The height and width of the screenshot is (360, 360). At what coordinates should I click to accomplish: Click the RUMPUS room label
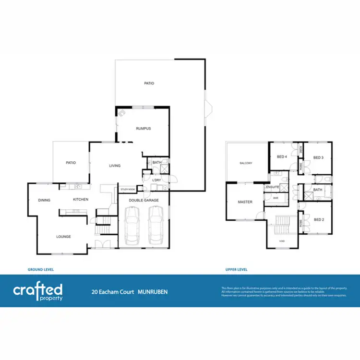[143, 129]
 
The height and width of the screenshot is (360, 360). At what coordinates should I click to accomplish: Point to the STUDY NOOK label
[127, 190]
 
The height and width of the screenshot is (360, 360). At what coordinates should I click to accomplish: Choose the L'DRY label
[156, 180]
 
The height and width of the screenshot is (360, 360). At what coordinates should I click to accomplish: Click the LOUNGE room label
[63, 236]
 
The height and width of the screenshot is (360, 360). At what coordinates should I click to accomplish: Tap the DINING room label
[45, 200]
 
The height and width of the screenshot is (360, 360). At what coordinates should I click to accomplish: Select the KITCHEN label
[80, 200]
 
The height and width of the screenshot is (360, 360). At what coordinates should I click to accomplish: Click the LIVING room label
[115, 166]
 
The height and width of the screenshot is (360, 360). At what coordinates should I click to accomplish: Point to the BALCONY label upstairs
[246, 164]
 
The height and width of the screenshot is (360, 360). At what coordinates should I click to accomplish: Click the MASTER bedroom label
[245, 202]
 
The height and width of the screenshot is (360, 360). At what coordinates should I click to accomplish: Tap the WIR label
[275, 197]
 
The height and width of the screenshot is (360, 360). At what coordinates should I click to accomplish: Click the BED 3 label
[318, 157]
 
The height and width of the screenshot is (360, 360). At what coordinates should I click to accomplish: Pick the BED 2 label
[318, 219]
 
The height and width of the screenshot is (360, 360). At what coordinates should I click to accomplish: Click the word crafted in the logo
[37, 289]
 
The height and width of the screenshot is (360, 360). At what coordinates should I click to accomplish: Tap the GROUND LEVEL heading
[41, 270]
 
